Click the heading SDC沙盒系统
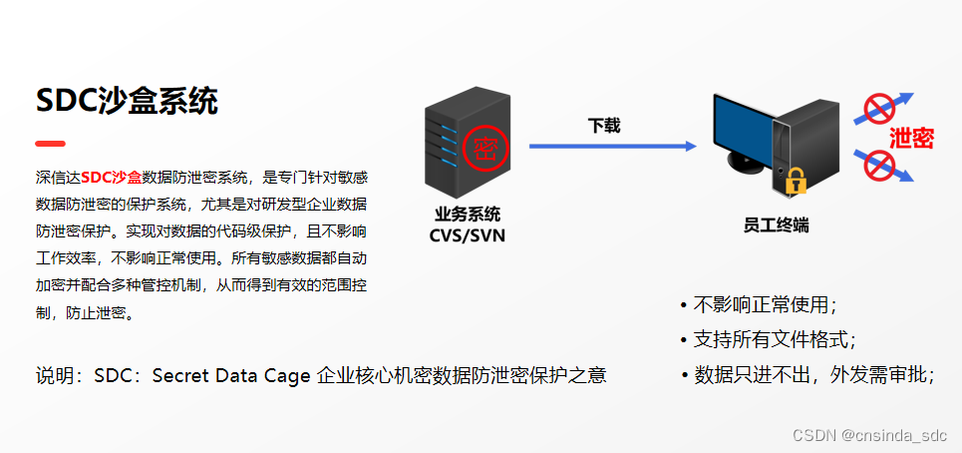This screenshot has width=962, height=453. pyautogui.click(x=127, y=101)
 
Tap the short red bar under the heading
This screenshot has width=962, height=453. pyautogui.click(x=50, y=144)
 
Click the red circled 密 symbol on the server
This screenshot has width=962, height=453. pyautogui.click(x=485, y=149)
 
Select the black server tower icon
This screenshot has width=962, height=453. pyautogui.click(x=468, y=143)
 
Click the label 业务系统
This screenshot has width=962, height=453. pyautogui.click(x=468, y=215)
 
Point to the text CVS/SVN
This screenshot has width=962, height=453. pyautogui.click(x=468, y=235)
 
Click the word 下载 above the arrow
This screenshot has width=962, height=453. pyautogui.click(x=604, y=126)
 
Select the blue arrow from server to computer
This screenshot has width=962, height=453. pyautogui.click(x=613, y=146)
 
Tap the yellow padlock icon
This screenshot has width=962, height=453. pyautogui.click(x=796, y=181)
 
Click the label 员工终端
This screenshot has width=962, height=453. pyautogui.click(x=777, y=226)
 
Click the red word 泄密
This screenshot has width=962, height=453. pyautogui.click(x=912, y=139)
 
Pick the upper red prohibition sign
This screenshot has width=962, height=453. pyautogui.click(x=880, y=109)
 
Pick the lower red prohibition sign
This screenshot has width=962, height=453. pyautogui.click(x=879, y=165)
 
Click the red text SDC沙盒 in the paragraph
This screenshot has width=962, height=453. pyautogui.click(x=111, y=178)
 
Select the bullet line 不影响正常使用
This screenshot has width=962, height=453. pyautogui.click(x=759, y=305)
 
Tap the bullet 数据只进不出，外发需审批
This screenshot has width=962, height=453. pyautogui.click(x=807, y=374)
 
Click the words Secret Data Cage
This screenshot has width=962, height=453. pyautogui.click(x=231, y=375)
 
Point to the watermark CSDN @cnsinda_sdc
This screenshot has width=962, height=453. pyautogui.click(x=870, y=435)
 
